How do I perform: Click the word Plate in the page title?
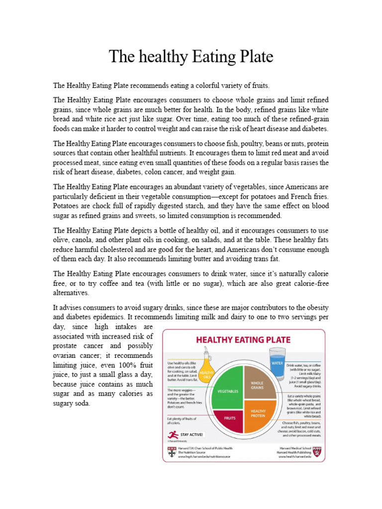coord(254,57)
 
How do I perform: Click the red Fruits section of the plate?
coord(230,418)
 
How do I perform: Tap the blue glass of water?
coord(278,365)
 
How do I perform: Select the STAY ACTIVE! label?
coord(191,434)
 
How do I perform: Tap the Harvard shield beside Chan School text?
coord(171,451)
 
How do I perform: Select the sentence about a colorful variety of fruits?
coord(162,85)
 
